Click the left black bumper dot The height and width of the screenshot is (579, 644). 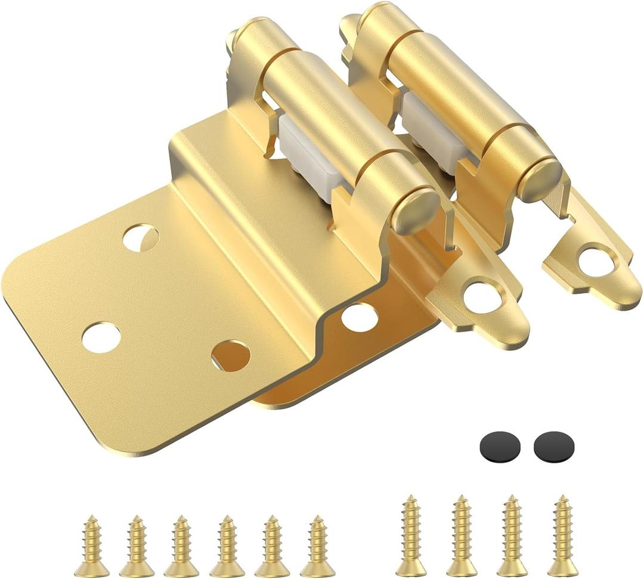click(500, 447)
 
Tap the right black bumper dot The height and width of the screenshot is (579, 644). click(554, 447)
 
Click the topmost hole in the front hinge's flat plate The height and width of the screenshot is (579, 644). click(141, 237)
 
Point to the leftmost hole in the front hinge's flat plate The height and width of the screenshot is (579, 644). click(101, 337)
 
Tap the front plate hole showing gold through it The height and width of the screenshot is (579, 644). click(230, 355)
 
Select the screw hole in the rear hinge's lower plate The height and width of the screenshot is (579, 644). click(360, 317)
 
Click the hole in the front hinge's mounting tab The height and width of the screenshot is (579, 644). click(482, 298)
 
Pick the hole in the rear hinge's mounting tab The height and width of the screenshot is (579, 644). click(596, 262)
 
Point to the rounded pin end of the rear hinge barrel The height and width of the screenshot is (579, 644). click(539, 179)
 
